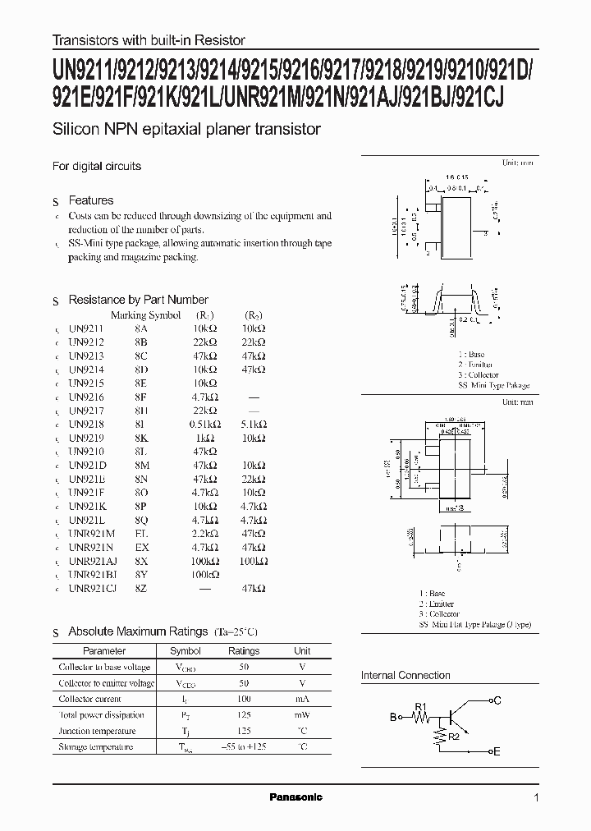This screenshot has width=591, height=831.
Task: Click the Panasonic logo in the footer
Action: [x=296, y=797]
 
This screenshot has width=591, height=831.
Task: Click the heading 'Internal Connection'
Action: [x=405, y=675]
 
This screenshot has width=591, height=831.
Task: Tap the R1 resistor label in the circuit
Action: [x=421, y=706]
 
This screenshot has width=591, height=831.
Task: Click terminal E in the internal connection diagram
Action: [x=495, y=751]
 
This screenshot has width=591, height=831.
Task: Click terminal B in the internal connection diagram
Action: [x=392, y=717]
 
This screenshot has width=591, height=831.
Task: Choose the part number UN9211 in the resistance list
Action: [x=86, y=328]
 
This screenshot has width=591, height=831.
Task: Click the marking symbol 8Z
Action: [x=142, y=588]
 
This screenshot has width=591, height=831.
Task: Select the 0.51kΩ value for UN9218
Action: [x=201, y=425]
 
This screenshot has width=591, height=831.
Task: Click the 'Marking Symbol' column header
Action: [x=145, y=314]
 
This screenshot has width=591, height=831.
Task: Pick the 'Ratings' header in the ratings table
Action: [x=243, y=651]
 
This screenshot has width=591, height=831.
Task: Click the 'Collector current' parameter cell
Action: [x=90, y=699]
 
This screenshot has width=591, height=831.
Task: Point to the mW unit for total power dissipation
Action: [x=302, y=715]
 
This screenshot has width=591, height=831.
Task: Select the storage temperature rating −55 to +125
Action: [x=243, y=746]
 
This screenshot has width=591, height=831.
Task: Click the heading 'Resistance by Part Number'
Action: [x=138, y=300]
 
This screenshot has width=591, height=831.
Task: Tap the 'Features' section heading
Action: [x=90, y=200]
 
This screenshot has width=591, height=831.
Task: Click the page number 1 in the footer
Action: [x=536, y=797]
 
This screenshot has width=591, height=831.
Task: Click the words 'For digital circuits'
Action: [x=97, y=166]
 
